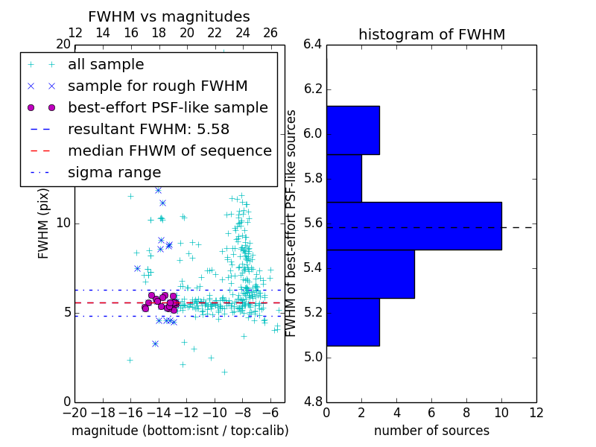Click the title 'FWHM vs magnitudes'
click(169, 16)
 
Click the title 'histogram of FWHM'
click(431, 34)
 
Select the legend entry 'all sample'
click(106, 65)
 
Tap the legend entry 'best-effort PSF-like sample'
click(168, 107)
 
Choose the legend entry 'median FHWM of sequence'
click(169, 150)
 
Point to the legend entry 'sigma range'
click(114, 172)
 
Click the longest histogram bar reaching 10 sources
click(413, 226)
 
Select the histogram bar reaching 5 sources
click(370, 273)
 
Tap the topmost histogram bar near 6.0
click(353, 130)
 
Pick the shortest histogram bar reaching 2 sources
click(344, 178)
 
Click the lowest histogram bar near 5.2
click(353, 322)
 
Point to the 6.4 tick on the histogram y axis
click(313, 45)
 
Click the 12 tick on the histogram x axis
click(536, 411)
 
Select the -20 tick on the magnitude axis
click(74, 411)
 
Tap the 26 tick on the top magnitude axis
click(270, 33)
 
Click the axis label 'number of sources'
click(431, 431)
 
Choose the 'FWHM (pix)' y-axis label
click(44, 222)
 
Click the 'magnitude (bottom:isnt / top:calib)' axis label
click(180, 431)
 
